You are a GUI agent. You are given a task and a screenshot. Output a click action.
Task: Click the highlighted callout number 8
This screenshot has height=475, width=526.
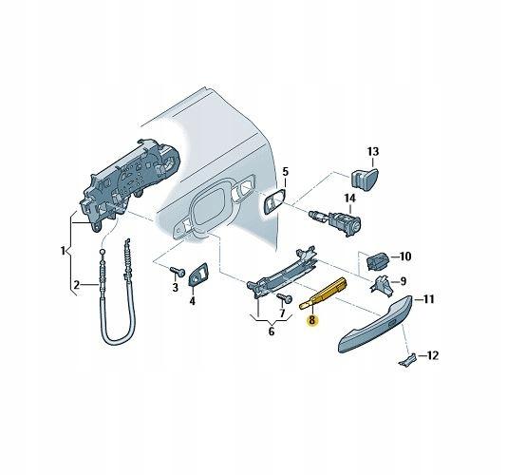[x=312, y=320]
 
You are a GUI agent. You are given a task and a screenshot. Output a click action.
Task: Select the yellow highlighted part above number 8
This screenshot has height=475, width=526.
[x=323, y=293]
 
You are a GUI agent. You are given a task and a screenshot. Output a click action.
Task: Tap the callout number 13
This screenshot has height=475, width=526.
[x=373, y=152]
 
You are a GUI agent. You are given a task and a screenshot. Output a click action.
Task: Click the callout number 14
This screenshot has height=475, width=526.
[x=349, y=199]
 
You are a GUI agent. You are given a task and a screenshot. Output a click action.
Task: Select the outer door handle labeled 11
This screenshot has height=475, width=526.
[x=375, y=323]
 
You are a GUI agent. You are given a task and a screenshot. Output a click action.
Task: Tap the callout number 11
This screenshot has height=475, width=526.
[x=428, y=298]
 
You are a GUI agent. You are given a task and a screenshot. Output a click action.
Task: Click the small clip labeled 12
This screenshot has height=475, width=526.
[x=407, y=361]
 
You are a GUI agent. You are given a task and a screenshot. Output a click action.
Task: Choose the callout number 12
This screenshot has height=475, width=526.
[x=431, y=355]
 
